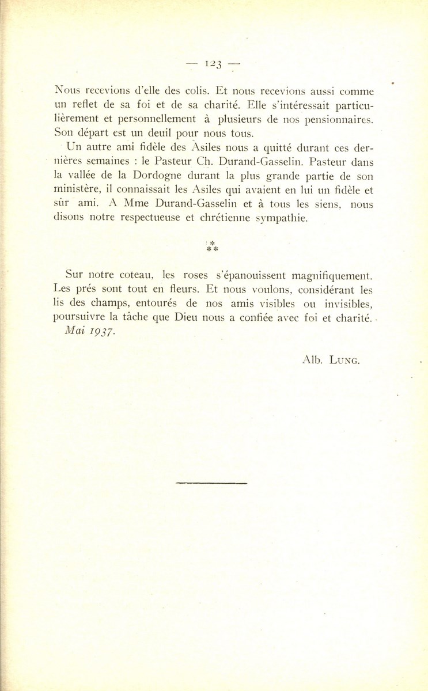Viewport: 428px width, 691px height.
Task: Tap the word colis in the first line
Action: point(184,90)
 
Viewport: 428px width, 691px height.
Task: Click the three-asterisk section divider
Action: point(212,248)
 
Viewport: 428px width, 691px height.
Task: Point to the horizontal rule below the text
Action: point(211,483)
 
